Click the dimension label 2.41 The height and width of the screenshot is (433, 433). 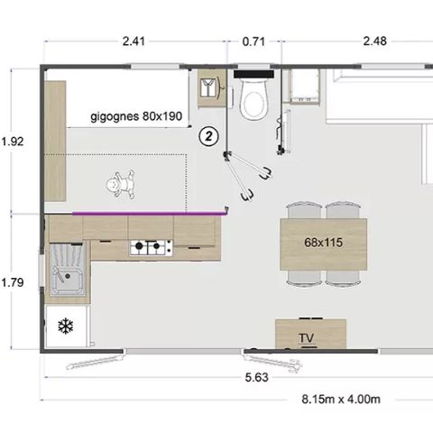tap(133, 40)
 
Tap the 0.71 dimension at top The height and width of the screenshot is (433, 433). tap(254, 40)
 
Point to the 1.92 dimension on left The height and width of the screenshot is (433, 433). tap(14, 141)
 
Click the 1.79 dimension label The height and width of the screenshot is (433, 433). tap(14, 282)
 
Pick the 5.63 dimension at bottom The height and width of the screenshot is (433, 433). tap(257, 378)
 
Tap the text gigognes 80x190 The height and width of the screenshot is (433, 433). tap(135, 116)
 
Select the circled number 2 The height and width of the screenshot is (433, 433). tap(208, 136)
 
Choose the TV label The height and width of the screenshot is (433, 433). tap(306, 338)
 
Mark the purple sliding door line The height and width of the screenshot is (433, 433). tap(149, 213)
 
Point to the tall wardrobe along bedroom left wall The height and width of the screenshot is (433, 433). tap(56, 141)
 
